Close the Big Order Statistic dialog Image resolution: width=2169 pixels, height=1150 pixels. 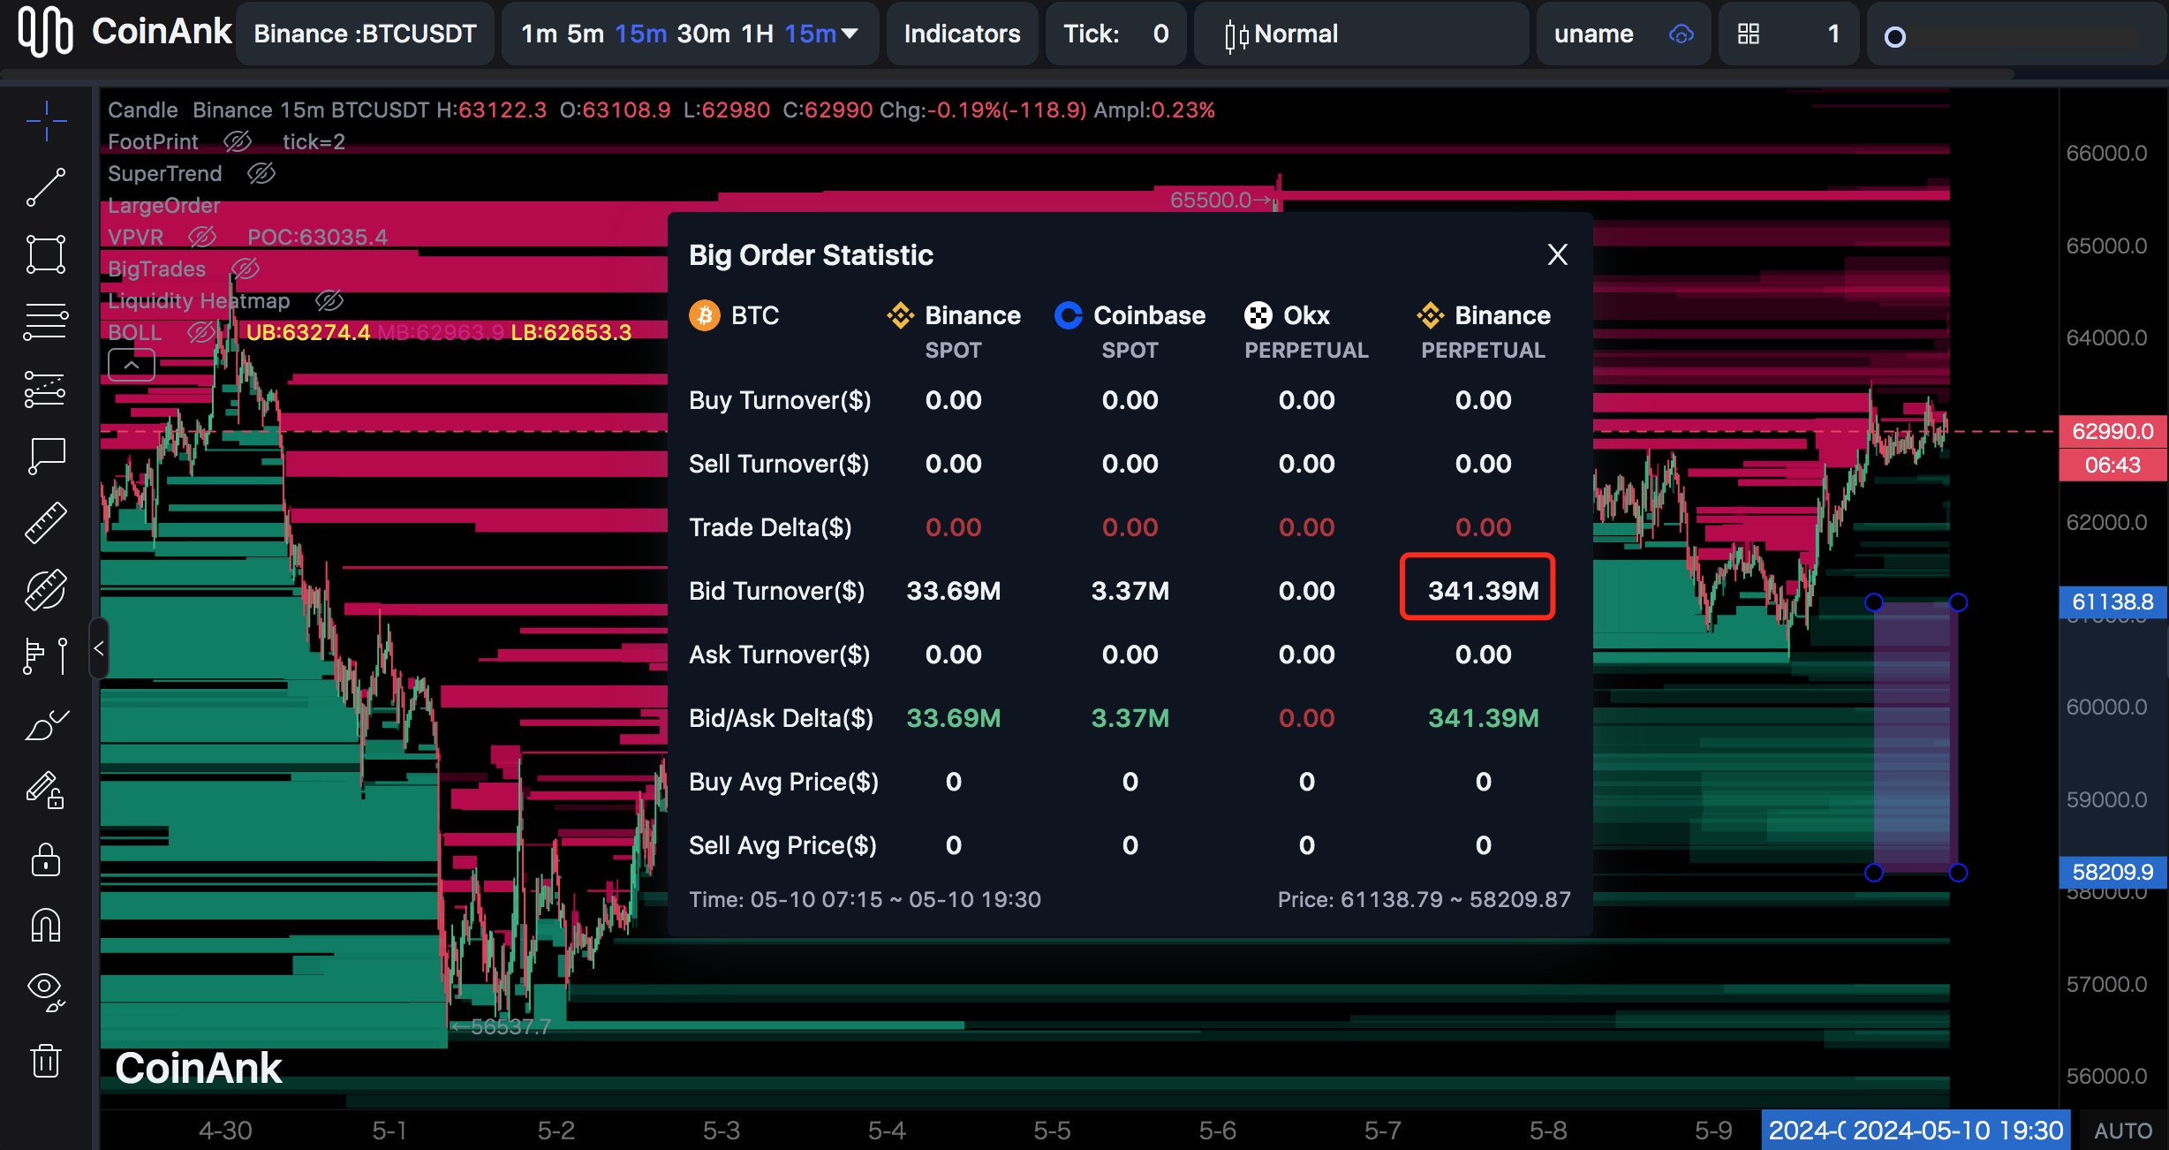[1557, 255]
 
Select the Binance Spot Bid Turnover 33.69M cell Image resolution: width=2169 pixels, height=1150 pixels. [953, 591]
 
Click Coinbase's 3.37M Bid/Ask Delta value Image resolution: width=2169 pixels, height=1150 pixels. [1130, 718]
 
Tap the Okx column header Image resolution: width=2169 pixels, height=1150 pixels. [1305, 315]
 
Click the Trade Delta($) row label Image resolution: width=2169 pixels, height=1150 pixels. [770, 527]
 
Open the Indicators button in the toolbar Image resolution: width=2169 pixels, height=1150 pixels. [962, 34]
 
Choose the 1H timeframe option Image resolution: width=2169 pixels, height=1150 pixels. [757, 34]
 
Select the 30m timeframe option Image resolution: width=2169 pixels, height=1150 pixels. [703, 34]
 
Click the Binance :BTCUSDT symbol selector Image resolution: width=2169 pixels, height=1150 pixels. [365, 34]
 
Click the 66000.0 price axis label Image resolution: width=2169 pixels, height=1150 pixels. [2105, 154]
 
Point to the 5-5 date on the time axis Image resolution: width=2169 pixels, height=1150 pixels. [1052, 1131]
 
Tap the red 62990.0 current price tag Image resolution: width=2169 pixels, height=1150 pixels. [2112, 431]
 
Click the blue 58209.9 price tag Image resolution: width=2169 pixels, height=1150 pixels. [2112, 872]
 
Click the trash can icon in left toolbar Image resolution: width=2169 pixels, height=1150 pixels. [46, 1060]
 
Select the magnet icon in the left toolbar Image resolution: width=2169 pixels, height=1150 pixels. [46, 926]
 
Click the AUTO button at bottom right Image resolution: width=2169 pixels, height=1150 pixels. [2122, 1131]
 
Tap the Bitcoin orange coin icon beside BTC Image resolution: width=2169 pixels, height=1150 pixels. [704, 315]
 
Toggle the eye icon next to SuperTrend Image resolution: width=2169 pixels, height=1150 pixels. [261, 173]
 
